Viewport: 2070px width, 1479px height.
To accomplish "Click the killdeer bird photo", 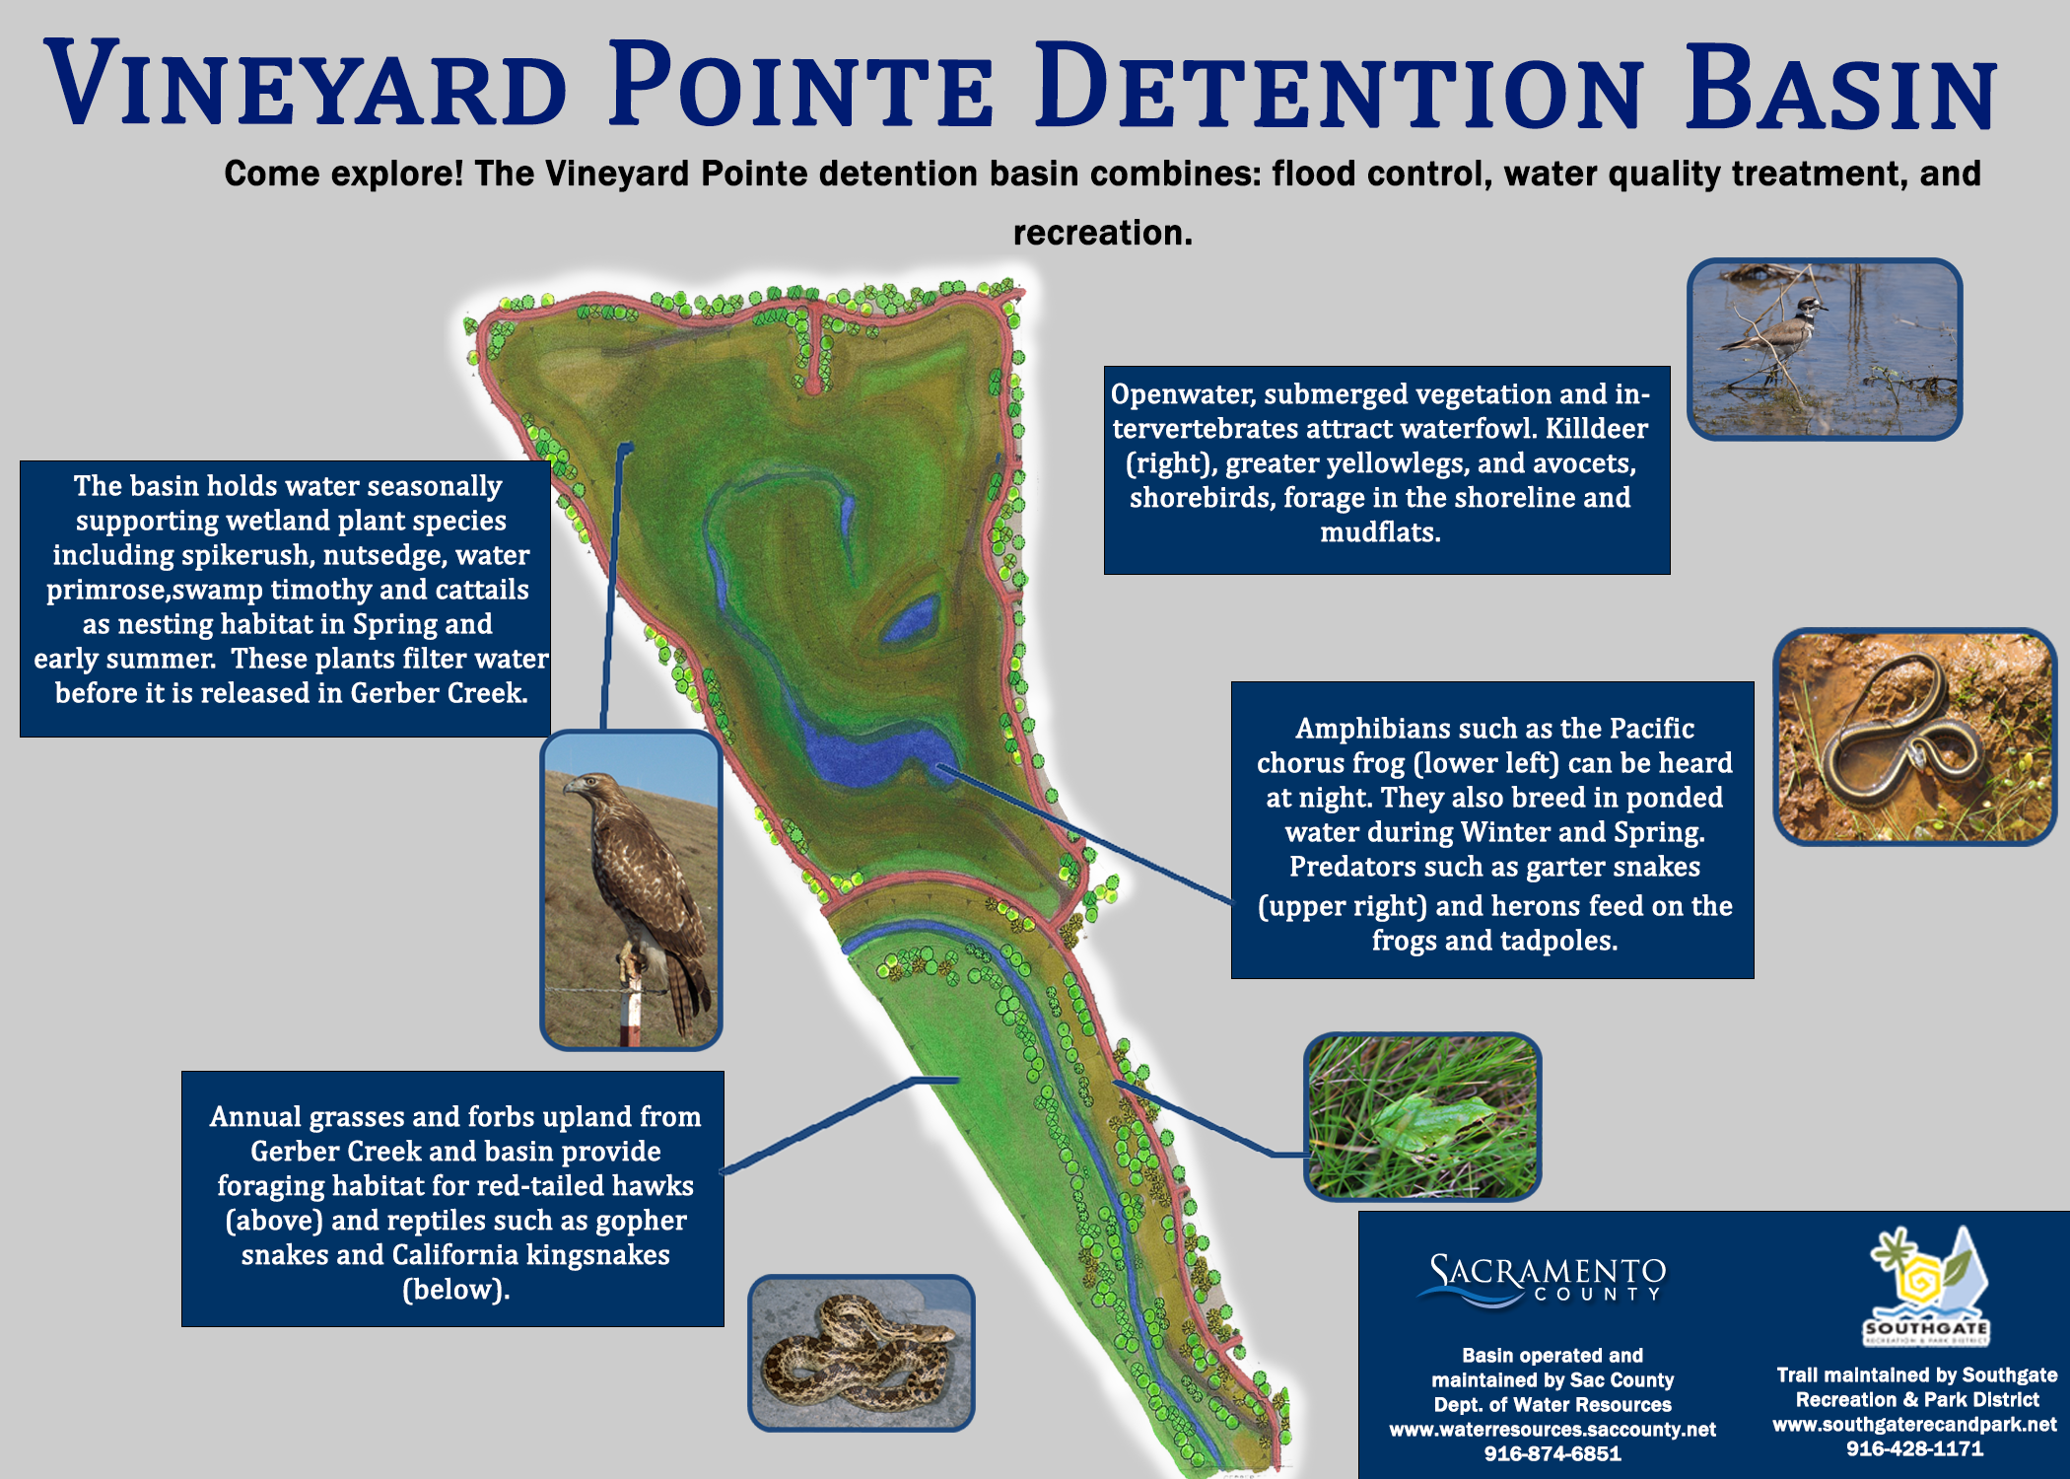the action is click(x=1824, y=349).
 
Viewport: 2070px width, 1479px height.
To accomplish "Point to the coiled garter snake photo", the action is click(x=1914, y=737).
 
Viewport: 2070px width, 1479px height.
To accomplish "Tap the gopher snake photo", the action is click(x=861, y=1353).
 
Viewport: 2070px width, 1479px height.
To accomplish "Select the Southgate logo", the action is click(x=1926, y=1286).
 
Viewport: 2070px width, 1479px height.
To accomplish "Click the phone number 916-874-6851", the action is click(x=1552, y=1454).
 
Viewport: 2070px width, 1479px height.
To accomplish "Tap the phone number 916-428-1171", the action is click(x=1914, y=1448).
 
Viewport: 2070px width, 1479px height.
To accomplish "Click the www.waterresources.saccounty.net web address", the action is click(x=1552, y=1430).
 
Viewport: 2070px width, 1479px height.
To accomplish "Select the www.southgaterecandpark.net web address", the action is click(x=1914, y=1425).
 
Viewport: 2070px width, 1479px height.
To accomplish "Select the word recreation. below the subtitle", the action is click(x=1103, y=233).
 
